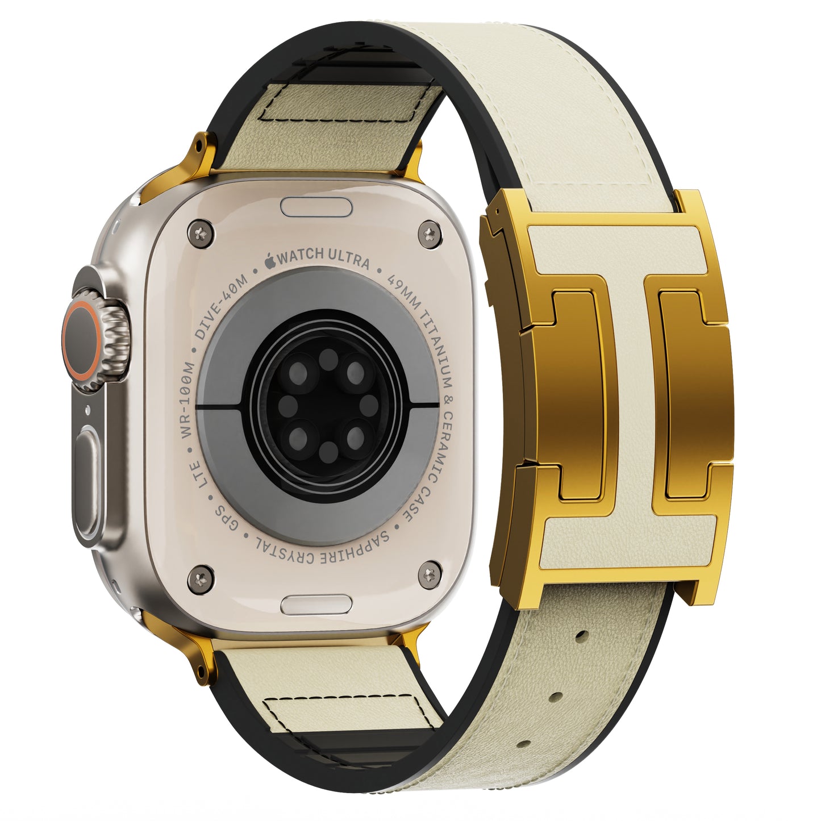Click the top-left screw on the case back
click(x=200, y=232)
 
